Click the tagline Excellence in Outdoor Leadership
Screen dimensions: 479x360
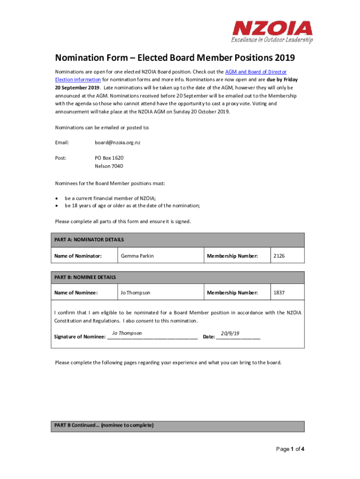tap(272, 40)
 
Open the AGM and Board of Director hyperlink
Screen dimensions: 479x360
tap(256, 72)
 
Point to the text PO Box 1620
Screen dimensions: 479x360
tap(109, 158)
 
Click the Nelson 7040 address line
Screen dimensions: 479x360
tap(109, 166)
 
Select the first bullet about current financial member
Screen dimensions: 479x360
tap(110, 198)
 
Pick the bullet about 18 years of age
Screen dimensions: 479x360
tap(132, 206)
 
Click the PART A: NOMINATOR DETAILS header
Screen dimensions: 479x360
tap(89, 239)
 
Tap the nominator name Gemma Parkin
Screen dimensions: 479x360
tap(137, 256)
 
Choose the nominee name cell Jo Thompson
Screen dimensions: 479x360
tap(135, 293)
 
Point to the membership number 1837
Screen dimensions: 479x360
tap(280, 293)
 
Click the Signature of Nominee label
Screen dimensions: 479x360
tap(80, 337)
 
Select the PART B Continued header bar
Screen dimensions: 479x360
tap(177, 426)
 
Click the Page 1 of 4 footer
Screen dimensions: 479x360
tap(290, 450)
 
